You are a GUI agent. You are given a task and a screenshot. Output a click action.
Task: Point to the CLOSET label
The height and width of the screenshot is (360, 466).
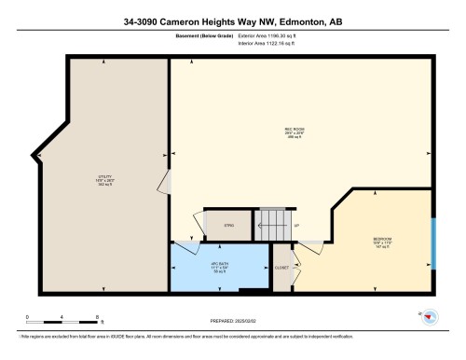(x=281, y=268)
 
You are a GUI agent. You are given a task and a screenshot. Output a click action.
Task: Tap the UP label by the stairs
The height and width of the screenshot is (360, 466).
(x=296, y=227)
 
